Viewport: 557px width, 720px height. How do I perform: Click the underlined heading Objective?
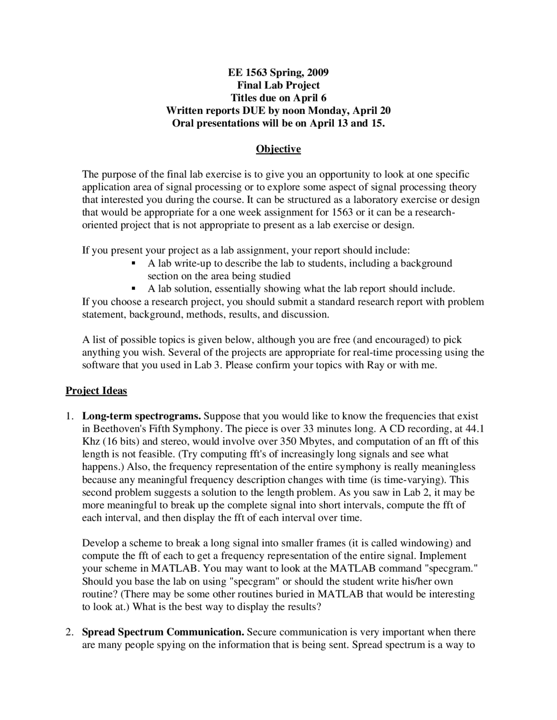point(278,149)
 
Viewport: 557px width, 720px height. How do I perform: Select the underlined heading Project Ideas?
point(96,391)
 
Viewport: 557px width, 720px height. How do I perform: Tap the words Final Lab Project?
point(278,85)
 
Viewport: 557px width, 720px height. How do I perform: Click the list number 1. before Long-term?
point(70,416)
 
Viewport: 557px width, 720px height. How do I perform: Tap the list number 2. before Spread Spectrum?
point(70,632)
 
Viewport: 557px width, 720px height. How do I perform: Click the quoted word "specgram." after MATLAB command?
point(451,569)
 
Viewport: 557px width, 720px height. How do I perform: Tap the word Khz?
point(91,441)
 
